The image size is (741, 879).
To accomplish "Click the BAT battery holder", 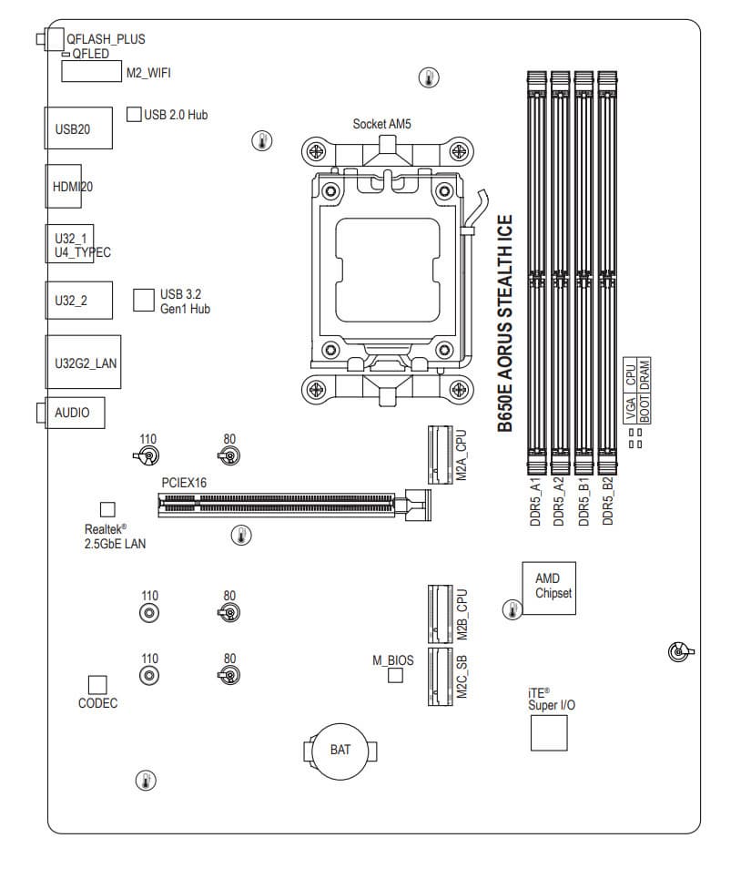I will pyautogui.click(x=340, y=750).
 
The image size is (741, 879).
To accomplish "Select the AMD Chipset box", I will pyautogui.click(x=547, y=589).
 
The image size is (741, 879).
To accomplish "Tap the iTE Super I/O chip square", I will pyautogui.click(x=548, y=732).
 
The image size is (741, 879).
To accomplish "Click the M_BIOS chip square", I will pyautogui.click(x=395, y=675).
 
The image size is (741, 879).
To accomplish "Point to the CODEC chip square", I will pyautogui.click(x=97, y=684).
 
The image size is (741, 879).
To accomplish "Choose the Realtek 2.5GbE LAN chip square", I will pyautogui.click(x=107, y=508).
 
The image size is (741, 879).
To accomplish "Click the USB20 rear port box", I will pyautogui.click(x=78, y=128).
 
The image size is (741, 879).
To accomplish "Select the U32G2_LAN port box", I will pyautogui.click(x=78, y=363).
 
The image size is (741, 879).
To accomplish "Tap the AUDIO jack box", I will pyautogui.click(x=76, y=413).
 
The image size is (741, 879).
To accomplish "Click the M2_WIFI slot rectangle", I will pyautogui.click(x=92, y=72).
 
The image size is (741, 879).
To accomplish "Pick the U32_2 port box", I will pyautogui.click(x=78, y=300).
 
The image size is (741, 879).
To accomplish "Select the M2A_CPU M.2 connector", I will pyautogui.click(x=440, y=455).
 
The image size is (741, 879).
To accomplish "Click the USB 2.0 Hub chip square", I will pyautogui.click(x=133, y=114).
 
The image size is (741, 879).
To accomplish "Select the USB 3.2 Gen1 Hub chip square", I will pyautogui.click(x=143, y=300).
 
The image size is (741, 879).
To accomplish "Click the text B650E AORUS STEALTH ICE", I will pyautogui.click(x=505, y=322).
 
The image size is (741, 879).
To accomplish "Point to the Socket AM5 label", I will pyautogui.click(x=381, y=123).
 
